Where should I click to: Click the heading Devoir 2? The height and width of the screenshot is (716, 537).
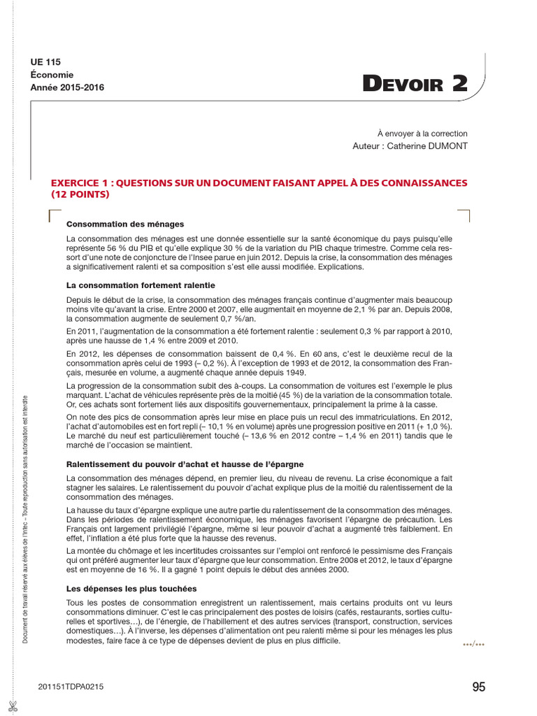point(415,84)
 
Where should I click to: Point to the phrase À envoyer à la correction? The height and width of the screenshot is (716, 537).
point(422,133)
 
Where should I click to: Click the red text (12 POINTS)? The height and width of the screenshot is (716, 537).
point(81,195)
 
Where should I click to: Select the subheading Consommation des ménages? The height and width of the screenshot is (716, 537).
point(124,224)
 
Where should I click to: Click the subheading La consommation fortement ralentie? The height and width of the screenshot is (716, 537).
point(141,285)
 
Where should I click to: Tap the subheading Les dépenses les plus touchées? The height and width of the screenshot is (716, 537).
point(131,588)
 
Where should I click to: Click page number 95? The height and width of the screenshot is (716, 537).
point(478,687)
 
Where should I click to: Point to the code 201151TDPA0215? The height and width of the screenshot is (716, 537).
point(71,688)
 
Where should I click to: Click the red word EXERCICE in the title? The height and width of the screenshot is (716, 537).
point(78,183)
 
